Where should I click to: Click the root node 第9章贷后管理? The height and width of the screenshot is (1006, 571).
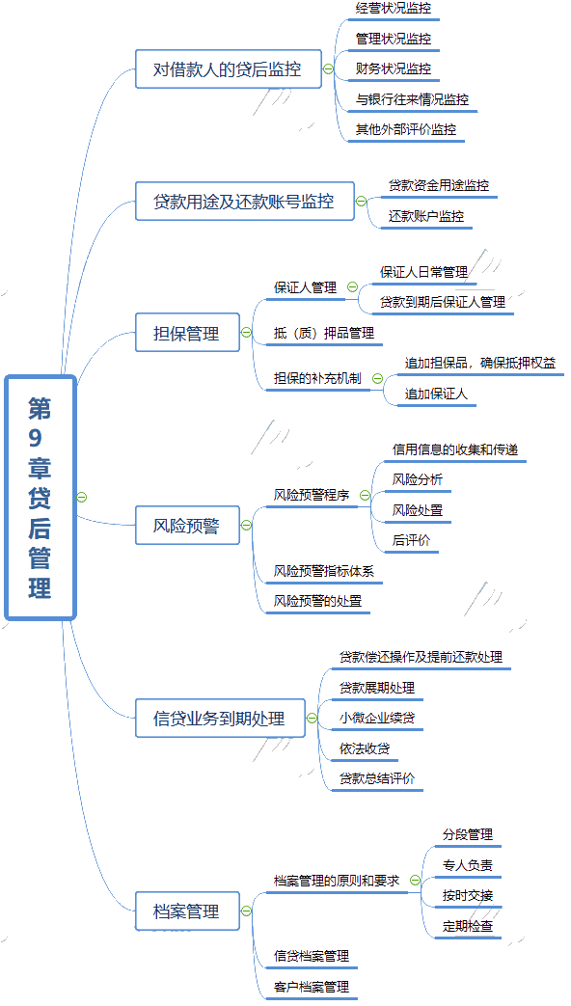click(41, 498)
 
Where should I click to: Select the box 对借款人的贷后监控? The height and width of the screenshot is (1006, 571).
click(229, 68)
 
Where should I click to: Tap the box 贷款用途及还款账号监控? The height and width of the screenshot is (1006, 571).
click(244, 201)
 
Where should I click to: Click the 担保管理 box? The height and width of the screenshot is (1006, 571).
click(187, 333)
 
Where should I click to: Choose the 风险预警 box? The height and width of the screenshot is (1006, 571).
click(187, 526)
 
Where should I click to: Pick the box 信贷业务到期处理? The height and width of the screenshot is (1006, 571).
click(220, 718)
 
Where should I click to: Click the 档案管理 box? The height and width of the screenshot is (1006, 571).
click(187, 911)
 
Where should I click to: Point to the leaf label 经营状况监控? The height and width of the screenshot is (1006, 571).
click(394, 9)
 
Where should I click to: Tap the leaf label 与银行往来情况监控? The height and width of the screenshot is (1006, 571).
click(413, 99)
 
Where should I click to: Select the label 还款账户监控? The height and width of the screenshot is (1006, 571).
click(426, 216)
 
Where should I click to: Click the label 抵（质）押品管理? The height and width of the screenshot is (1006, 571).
click(324, 333)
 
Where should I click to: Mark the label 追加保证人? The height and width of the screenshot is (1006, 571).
click(436, 394)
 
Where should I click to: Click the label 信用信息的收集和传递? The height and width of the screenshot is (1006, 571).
click(455, 449)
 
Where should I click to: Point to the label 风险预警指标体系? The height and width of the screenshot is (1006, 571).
click(324, 570)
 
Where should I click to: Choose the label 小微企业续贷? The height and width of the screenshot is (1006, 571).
click(377, 718)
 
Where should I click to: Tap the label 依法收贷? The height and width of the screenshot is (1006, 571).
click(365, 748)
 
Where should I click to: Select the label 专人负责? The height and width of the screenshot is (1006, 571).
click(468, 865)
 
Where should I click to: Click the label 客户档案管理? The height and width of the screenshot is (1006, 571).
click(312, 986)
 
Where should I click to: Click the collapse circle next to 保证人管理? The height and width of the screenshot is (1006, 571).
click(352, 287)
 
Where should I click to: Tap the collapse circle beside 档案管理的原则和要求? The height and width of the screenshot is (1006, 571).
click(415, 881)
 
